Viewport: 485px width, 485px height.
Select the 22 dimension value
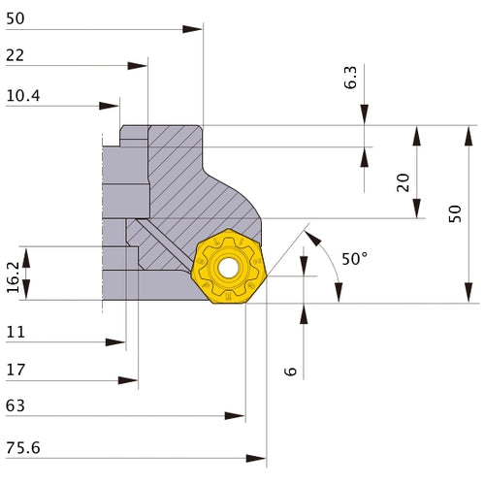tap(15, 56)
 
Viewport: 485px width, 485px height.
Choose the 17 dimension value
tap(14, 369)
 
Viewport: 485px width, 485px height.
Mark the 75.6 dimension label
tap(22, 449)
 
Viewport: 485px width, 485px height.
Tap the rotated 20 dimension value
tap(403, 182)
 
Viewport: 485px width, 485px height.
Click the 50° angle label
tap(355, 259)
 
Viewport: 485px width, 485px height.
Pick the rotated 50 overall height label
tap(456, 212)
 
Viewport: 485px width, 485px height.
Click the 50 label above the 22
tap(15, 19)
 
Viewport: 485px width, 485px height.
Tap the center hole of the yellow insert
tap(228, 269)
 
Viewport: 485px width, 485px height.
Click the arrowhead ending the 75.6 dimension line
tap(259, 456)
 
